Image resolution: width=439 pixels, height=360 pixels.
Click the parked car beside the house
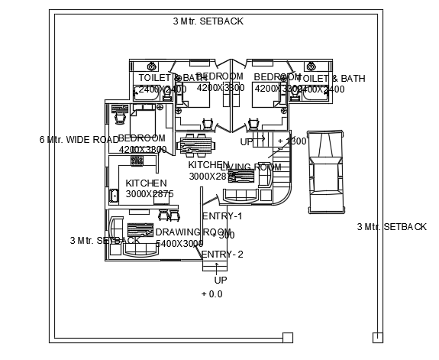325,173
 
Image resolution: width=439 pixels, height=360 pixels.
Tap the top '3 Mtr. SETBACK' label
208,21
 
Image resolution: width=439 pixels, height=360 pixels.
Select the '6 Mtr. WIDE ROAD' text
79,140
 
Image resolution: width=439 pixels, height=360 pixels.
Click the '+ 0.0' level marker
211,294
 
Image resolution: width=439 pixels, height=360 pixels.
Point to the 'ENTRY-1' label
222,216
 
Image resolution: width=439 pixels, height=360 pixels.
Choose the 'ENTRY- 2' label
222,255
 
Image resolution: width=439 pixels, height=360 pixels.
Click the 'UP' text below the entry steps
220,280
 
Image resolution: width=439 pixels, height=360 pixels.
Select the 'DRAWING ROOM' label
193,232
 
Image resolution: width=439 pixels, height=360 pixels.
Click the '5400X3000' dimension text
179,244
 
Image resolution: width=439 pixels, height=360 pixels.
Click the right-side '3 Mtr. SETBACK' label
392,227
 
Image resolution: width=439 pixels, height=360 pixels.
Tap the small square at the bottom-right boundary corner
377,337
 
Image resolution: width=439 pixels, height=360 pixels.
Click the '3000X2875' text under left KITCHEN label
150,194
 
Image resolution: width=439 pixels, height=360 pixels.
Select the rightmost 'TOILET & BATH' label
331,78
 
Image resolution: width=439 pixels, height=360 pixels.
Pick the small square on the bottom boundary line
288,337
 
